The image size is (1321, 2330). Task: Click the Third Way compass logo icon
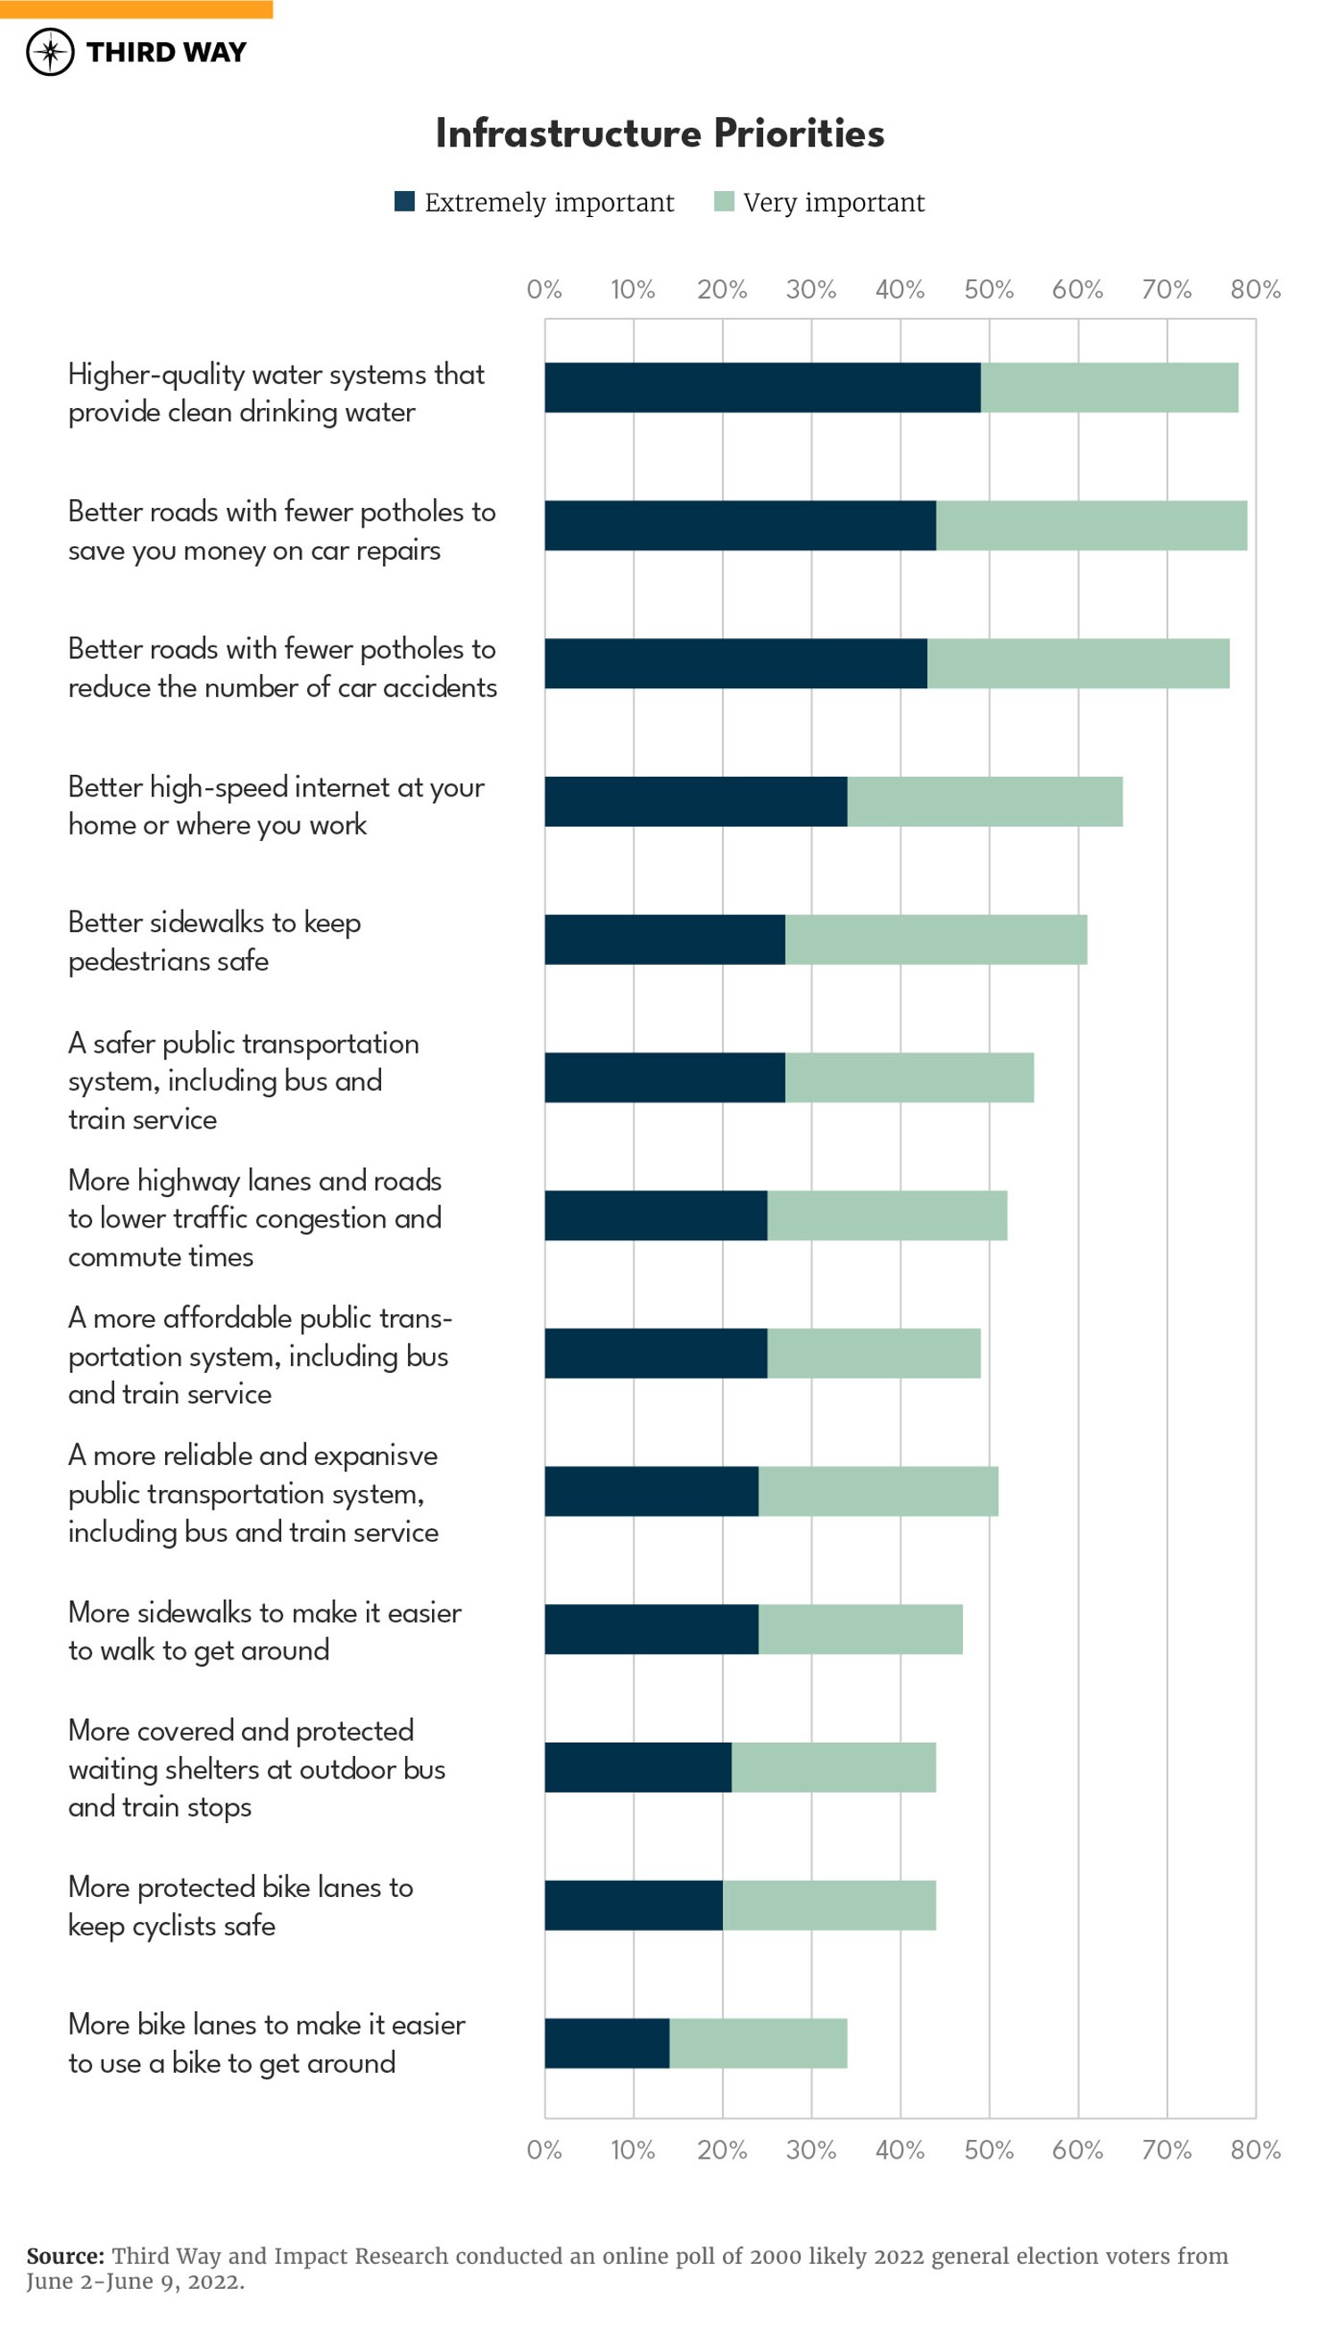point(50,52)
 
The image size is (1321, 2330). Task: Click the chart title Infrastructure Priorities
point(660,133)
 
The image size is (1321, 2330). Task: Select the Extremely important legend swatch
point(404,202)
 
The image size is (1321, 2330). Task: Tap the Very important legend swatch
point(724,202)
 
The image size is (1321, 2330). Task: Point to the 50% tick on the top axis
point(988,289)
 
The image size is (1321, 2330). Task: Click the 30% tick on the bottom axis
point(810,2150)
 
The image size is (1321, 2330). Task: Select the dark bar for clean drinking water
point(762,387)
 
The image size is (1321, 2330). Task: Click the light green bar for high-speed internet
point(985,801)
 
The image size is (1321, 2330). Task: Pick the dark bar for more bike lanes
point(607,2043)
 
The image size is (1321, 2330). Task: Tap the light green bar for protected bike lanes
point(829,1905)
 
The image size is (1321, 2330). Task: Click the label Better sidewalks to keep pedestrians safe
point(214,941)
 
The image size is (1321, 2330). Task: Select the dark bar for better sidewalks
point(664,939)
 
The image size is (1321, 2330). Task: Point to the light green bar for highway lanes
point(886,1215)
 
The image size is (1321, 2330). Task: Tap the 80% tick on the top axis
point(1255,289)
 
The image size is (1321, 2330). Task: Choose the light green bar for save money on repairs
point(1092,525)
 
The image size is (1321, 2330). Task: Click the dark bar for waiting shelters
point(638,1767)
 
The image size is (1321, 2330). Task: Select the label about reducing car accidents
point(282,668)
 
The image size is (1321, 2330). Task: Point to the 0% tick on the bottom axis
point(544,2150)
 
